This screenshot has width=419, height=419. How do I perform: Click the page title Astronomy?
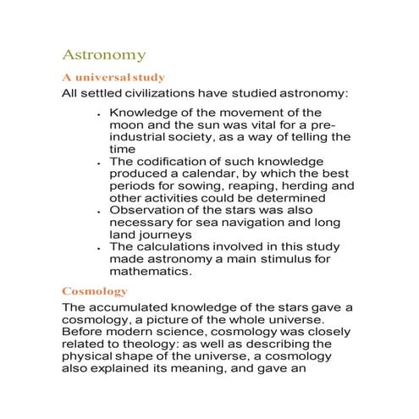104,56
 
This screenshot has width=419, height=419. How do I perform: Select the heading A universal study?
113,77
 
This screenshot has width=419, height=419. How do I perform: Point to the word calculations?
174,246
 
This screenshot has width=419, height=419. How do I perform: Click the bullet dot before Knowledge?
100,113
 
